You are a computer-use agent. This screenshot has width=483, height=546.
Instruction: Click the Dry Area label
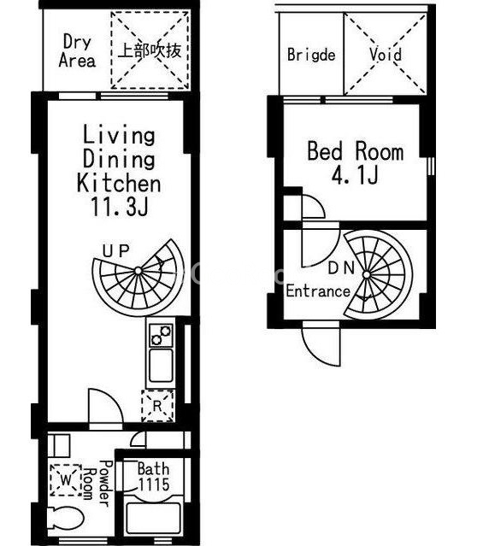(77, 50)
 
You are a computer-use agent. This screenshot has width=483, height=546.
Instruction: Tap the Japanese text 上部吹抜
(150, 50)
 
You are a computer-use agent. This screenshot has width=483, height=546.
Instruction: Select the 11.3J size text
(120, 206)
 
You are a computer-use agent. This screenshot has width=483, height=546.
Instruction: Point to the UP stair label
(116, 250)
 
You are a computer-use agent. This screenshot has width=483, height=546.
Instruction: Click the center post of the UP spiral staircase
(138, 271)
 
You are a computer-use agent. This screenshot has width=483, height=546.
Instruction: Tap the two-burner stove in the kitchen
(161, 335)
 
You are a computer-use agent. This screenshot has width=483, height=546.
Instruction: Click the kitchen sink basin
(161, 366)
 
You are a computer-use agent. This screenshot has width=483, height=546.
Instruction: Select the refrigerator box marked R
(157, 406)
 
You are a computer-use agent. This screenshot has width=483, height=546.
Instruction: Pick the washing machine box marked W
(66, 480)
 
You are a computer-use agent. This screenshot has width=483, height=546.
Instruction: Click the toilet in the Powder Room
(66, 518)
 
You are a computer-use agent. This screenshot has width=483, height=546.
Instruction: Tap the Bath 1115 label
(153, 477)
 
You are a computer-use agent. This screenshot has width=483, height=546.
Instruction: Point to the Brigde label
(311, 55)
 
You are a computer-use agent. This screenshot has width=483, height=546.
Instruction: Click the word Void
(386, 55)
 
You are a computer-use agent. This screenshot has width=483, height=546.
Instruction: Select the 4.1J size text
(355, 175)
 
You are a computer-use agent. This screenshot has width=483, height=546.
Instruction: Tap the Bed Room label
(356, 151)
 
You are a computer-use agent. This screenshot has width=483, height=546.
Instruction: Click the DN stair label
(341, 267)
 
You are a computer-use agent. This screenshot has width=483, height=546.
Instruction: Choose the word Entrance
(318, 291)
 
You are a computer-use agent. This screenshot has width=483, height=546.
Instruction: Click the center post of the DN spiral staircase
(366, 275)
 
